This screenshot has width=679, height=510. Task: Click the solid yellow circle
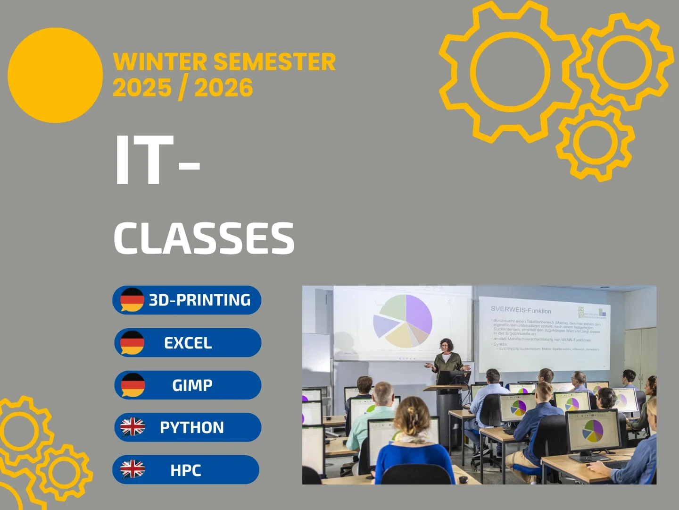55,75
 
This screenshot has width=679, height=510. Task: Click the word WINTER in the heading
160,62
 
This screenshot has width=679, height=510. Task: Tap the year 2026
224,88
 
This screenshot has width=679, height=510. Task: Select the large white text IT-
157,161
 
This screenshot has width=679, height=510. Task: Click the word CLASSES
204,238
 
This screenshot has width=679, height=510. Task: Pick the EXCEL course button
188,343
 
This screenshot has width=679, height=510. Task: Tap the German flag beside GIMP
132,385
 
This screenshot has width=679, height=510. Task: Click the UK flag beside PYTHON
132,427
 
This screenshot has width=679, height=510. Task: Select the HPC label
186,470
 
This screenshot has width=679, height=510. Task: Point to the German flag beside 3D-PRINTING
132,300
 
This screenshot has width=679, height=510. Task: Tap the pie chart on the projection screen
403,321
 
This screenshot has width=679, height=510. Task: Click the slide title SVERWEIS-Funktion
521,310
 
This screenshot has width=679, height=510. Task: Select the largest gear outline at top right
510,72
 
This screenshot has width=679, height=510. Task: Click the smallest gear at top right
595,142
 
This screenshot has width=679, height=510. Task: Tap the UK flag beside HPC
132,469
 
